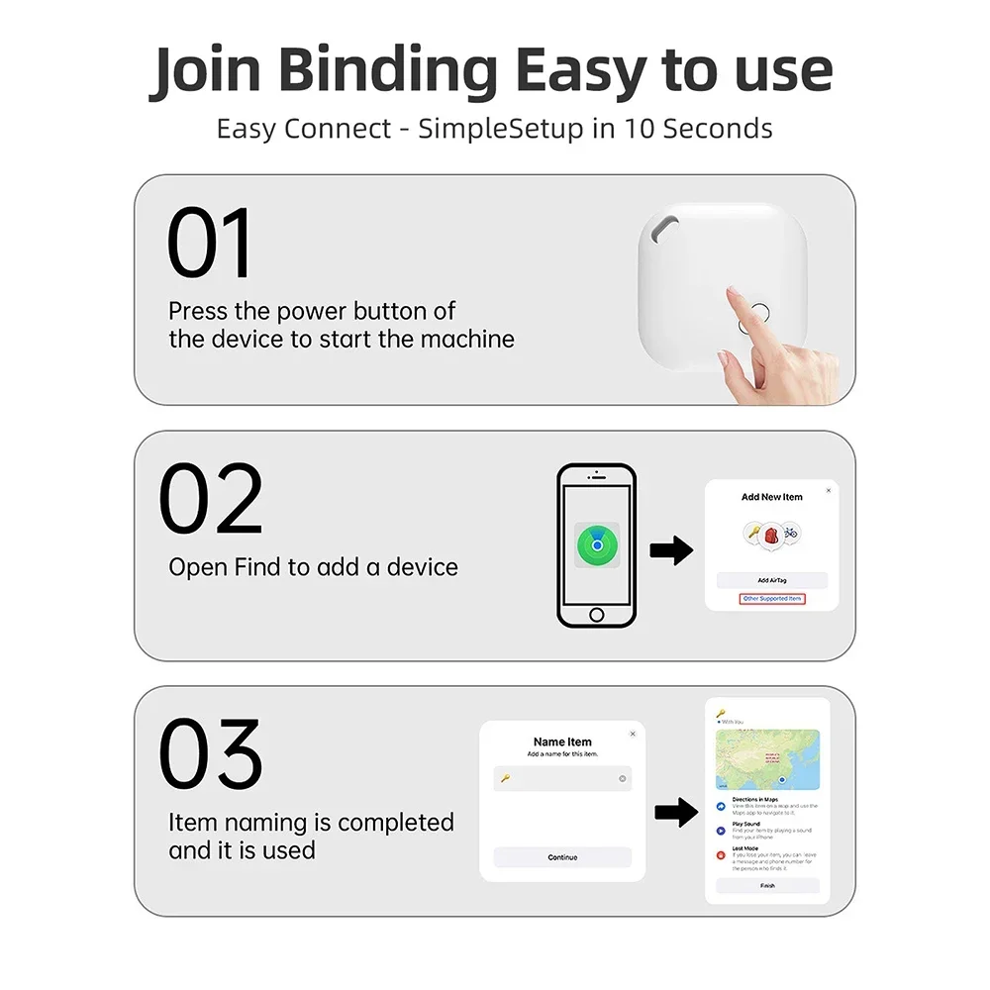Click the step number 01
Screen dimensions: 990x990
coord(210,244)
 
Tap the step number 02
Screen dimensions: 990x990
coord(212,499)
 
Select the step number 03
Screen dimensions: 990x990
coord(212,754)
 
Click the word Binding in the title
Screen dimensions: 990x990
coord(388,71)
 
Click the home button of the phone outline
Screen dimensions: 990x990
coord(596,615)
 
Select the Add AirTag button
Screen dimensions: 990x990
coord(771,580)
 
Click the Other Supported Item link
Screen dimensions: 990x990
coord(772,599)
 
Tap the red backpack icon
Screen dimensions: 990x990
coord(771,534)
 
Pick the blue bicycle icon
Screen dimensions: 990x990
coord(790,533)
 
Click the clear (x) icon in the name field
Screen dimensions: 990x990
coord(623,779)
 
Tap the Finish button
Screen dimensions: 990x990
coord(768,886)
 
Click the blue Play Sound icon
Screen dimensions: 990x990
coord(720,831)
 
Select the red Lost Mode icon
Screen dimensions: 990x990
coord(720,854)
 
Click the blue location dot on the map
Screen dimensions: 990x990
coord(782,781)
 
